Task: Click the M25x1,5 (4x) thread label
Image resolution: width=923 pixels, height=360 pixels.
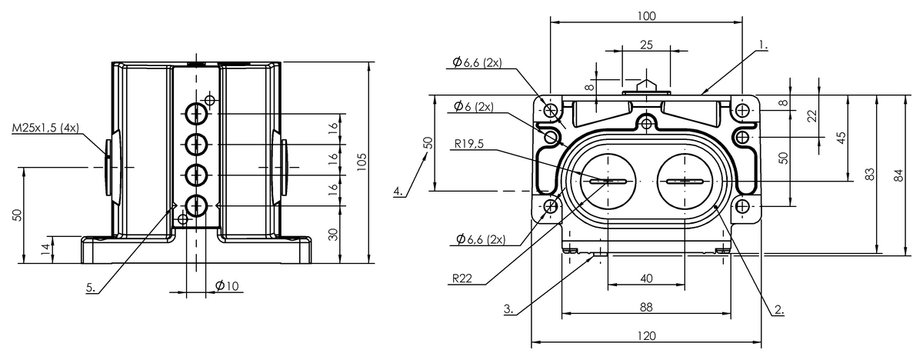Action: (x=45, y=128)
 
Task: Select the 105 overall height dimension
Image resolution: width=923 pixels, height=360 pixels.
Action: (x=362, y=162)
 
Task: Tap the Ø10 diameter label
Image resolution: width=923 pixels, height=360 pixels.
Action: (x=227, y=285)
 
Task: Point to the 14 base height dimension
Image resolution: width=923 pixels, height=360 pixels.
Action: (x=45, y=249)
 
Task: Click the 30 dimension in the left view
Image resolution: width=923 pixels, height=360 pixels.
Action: (x=334, y=235)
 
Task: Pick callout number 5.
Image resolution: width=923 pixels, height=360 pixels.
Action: (x=91, y=287)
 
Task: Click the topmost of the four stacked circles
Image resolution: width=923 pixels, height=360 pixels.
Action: (x=196, y=113)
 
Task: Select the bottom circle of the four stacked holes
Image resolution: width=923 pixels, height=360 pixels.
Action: (x=196, y=205)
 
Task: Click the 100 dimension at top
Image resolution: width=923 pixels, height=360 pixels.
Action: (x=647, y=16)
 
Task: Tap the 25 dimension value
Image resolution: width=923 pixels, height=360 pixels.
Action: (x=647, y=45)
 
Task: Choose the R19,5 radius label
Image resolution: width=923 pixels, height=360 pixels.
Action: (x=469, y=144)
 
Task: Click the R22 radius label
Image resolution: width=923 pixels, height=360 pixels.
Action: (x=462, y=278)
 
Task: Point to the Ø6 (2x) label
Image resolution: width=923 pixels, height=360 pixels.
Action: (x=474, y=106)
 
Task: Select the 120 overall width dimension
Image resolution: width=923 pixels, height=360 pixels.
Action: (x=647, y=336)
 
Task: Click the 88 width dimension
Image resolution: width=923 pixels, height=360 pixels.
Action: (x=647, y=307)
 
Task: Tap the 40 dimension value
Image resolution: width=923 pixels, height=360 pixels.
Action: (x=647, y=279)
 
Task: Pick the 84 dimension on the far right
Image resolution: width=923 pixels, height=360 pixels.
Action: (x=899, y=175)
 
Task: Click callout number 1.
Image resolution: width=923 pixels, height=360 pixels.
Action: (x=764, y=45)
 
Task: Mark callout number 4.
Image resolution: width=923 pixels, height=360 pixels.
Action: (x=398, y=191)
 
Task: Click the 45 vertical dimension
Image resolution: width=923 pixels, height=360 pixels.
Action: (x=841, y=138)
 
